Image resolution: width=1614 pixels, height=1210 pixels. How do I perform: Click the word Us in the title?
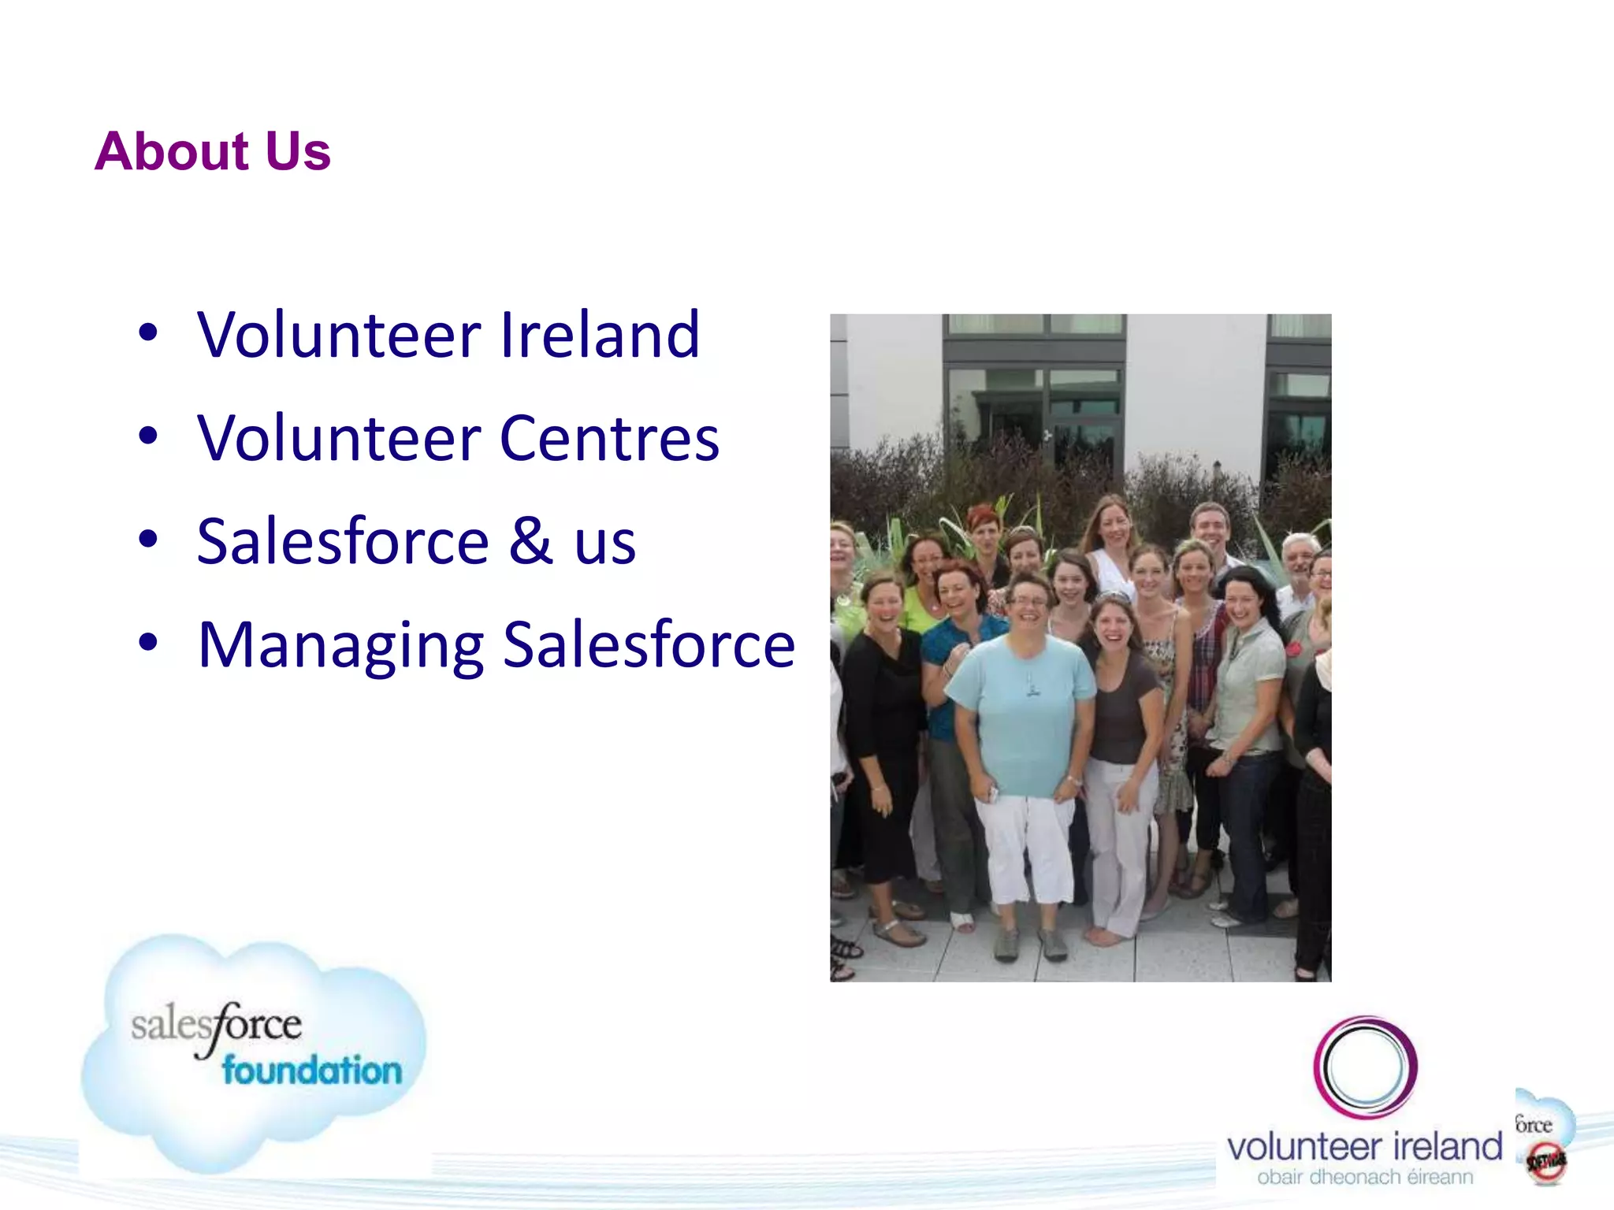coord(298,151)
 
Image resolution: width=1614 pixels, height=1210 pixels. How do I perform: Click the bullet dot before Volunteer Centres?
coord(148,436)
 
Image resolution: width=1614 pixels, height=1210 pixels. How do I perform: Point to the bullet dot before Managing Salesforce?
coord(148,642)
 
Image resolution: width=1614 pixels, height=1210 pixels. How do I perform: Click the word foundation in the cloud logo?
coord(311,1071)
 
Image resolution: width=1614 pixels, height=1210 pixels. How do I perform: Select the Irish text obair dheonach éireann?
coord(1364,1178)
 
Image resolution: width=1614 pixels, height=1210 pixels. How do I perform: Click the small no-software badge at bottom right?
coord(1545,1162)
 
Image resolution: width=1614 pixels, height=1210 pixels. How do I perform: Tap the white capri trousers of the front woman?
coord(1025,847)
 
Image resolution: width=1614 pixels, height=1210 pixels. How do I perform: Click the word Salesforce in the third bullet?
coord(343,542)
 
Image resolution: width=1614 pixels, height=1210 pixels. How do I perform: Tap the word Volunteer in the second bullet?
coord(340,439)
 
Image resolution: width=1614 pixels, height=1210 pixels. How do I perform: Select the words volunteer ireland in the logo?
coord(1364,1147)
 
